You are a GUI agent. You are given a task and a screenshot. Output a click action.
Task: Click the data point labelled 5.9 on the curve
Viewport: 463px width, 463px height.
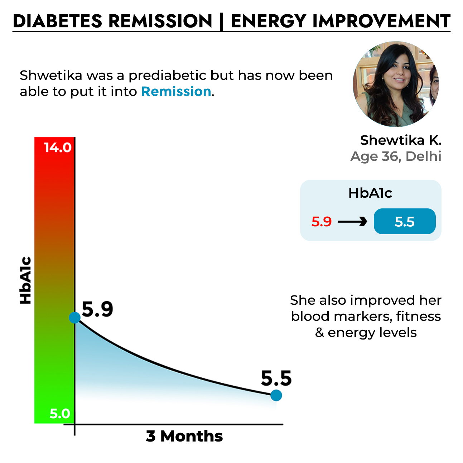click(74, 317)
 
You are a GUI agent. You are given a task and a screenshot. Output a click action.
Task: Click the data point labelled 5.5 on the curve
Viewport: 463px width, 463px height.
click(276, 395)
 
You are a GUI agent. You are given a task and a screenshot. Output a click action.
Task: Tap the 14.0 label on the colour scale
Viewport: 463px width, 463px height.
click(57, 148)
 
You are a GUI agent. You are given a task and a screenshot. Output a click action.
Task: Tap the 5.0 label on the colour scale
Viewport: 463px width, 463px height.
click(59, 414)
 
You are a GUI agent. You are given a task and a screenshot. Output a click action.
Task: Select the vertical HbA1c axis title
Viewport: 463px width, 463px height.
click(26, 281)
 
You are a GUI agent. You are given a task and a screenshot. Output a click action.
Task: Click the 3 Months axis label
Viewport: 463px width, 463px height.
click(184, 436)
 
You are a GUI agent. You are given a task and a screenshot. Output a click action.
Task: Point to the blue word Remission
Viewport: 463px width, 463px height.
click(176, 92)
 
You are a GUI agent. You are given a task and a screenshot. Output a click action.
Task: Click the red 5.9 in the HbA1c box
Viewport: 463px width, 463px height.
click(322, 222)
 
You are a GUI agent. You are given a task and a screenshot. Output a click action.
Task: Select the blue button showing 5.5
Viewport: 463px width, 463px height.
click(405, 222)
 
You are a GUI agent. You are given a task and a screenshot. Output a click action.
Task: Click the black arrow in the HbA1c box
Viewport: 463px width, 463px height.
click(352, 222)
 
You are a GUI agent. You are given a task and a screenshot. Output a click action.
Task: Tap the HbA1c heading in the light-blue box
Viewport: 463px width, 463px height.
click(370, 193)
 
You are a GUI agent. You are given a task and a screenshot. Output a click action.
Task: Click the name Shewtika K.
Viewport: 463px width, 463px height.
click(401, 140)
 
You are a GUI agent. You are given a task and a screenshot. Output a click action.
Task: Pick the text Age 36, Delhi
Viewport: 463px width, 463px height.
click(396, 156)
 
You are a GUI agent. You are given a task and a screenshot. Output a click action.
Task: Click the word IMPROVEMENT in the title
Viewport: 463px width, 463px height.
click(381, 21)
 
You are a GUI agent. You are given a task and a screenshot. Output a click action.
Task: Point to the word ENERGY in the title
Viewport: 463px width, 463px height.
click(269, 21)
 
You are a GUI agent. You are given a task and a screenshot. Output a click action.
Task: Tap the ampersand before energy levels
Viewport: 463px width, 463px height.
click(319, 333)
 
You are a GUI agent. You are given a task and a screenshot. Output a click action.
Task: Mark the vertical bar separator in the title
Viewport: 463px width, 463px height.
click(222, 21)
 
